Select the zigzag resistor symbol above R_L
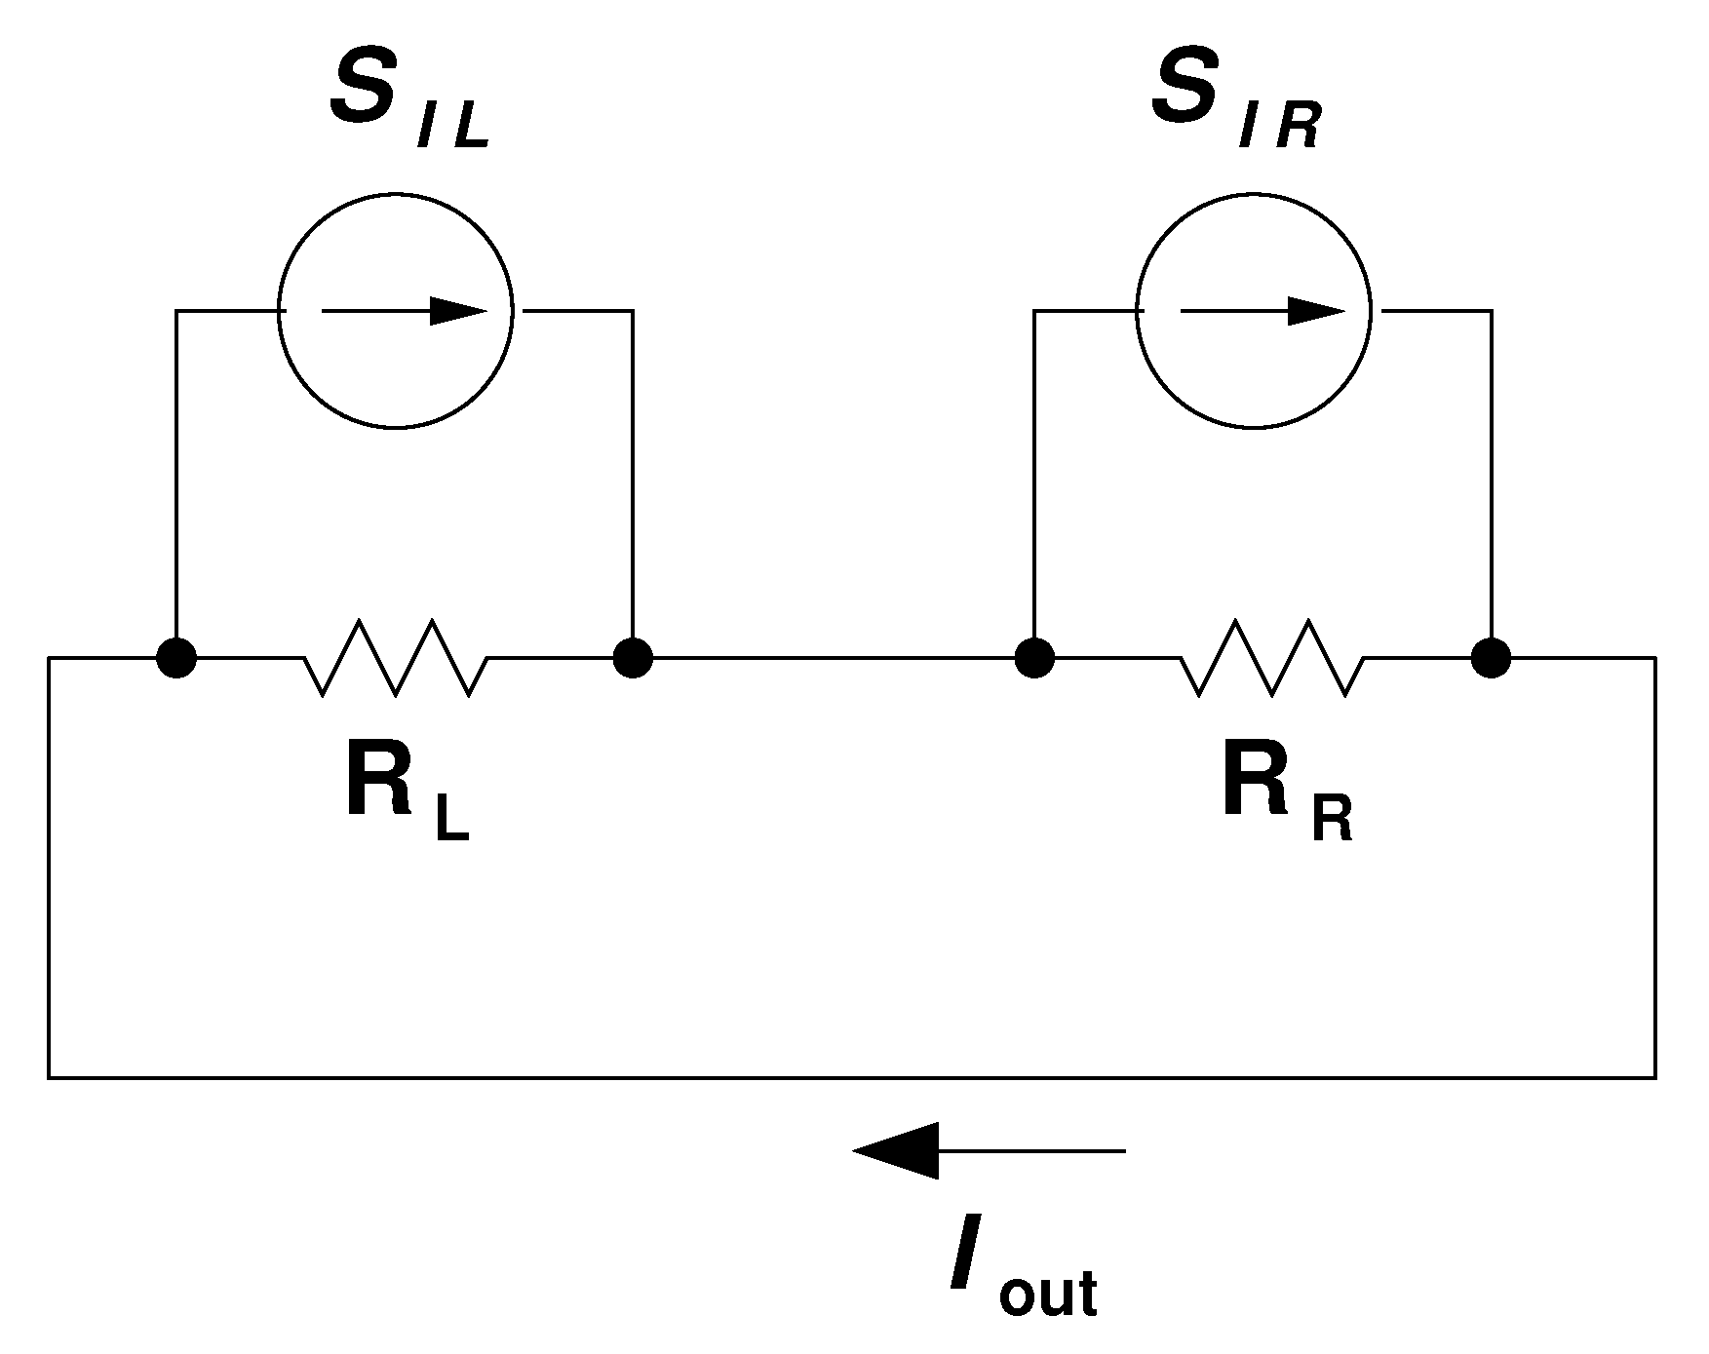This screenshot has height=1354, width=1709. (396, 658)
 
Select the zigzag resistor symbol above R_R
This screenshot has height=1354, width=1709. (1272, 658)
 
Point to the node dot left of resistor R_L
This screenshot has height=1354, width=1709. (176, 658)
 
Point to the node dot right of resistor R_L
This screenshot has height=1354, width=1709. (633, 658)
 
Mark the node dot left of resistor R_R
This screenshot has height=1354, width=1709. (1034, 658)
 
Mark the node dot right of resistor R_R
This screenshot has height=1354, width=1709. (1491, 658)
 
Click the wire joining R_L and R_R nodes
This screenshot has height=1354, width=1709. (834, 658)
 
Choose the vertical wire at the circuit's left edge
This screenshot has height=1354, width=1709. (49, 868)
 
